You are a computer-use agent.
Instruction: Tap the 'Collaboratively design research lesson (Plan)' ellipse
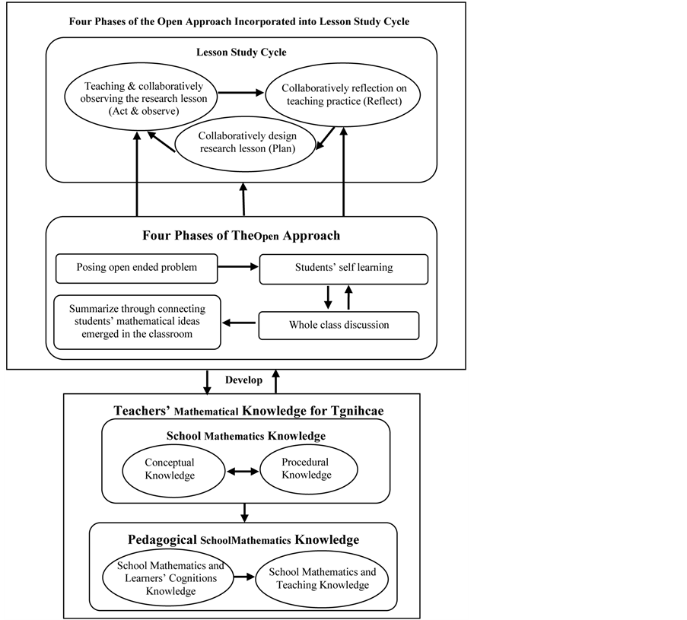pyautogui.click(x=246, y=142)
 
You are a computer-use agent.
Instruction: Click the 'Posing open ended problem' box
pyautogui.click(x=137, y=268)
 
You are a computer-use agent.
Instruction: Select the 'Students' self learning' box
pyautogui.click(x=343, y=268)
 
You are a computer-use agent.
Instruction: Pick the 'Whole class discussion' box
pyautogui.click(x=339, y=325)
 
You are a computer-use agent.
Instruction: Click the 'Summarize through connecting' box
pyautogui.click(x=137, y=322)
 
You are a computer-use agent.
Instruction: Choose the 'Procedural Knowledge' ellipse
pyautogui.click(x=306, y=469)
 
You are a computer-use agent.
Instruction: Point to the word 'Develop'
pyautogui.click(x=243, y=380)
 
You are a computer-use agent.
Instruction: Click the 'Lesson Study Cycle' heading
pyautogui.click(x=241, y=52)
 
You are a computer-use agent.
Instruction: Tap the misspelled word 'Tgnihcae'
pyautogui.click(x=352, y=411)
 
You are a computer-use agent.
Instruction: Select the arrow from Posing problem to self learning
pyautogui.click(x=238, y=268)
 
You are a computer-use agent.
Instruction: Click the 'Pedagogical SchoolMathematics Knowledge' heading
pyautogui.click(x=243, y=539)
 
